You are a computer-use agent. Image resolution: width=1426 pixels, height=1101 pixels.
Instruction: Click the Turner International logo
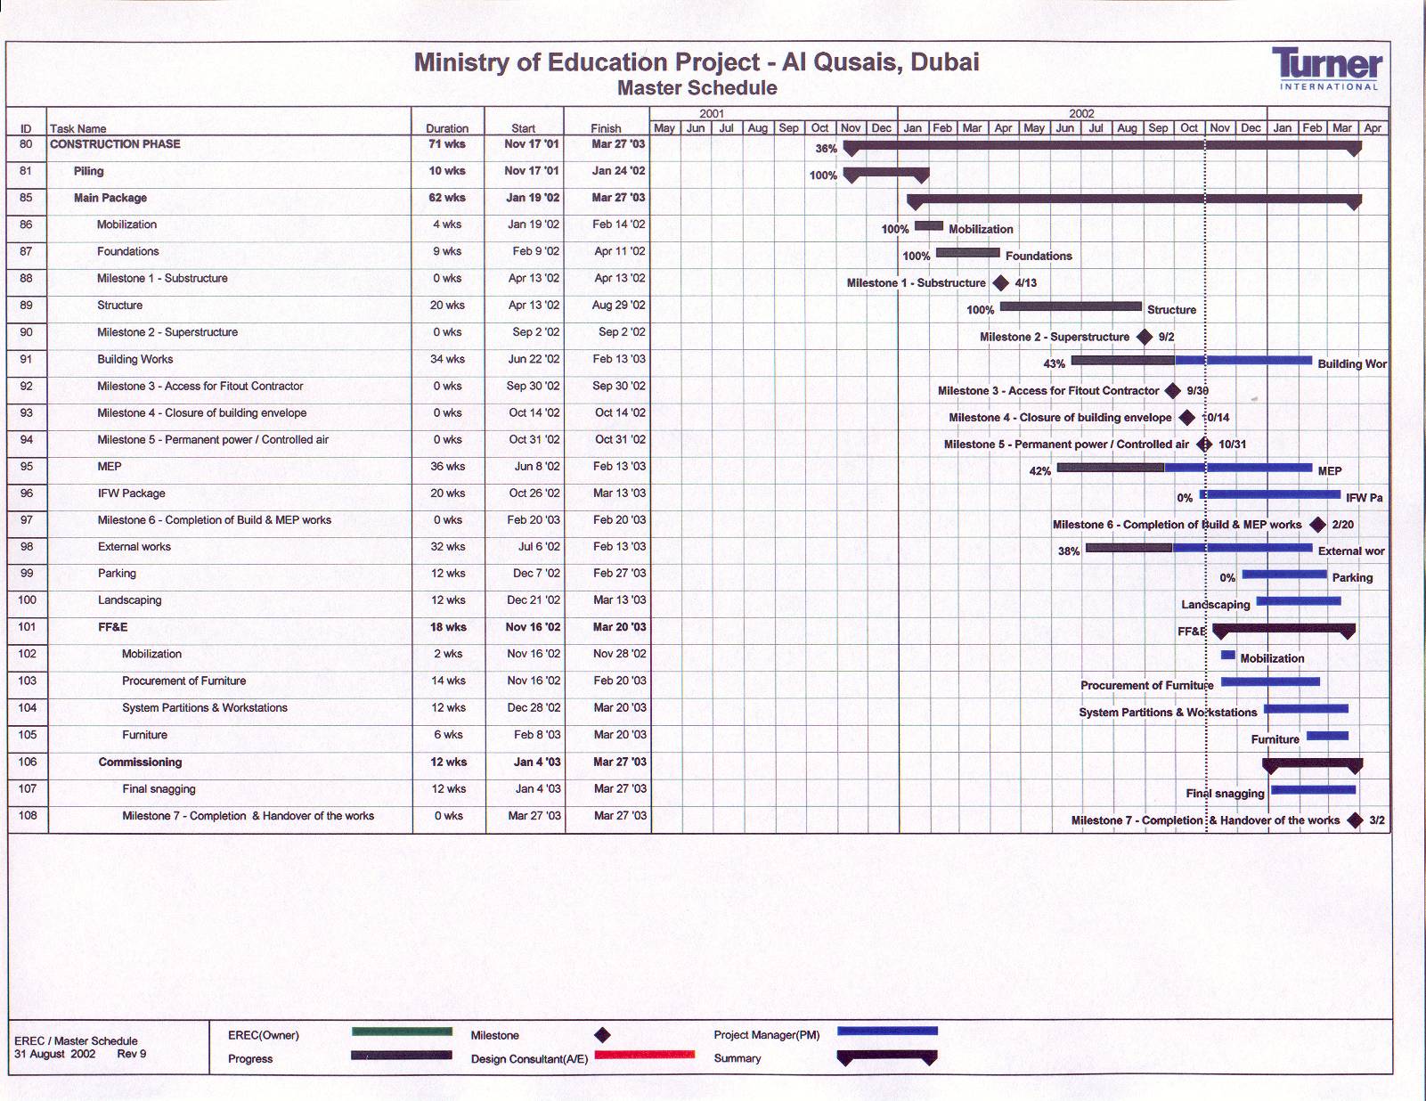pos(1327,68)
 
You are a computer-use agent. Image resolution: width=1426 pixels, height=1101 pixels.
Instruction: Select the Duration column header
pos(447,128)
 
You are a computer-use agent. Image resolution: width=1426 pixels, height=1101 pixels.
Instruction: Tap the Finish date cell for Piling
pos(618,171)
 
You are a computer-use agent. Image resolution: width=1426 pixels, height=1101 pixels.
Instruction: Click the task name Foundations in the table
pos(128,252)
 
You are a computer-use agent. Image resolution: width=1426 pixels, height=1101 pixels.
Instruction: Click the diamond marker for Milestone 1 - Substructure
pos(1000,283)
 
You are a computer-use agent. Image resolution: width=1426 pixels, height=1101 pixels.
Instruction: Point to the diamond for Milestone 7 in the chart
pos(1355,820)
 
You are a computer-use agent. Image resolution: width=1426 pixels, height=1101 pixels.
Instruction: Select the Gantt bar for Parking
pos(1283,575)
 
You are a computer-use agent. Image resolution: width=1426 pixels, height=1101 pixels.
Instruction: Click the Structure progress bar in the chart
pos(1071,306)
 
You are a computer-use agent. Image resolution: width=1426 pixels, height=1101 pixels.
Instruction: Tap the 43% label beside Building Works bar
pos(1054,364)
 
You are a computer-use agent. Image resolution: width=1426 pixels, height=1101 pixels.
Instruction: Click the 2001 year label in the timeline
pos(712,113)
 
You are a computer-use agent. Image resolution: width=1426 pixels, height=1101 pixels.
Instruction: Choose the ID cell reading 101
pos(28,627)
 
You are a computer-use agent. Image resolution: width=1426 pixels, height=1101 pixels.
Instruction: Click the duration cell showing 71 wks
pos(447,144)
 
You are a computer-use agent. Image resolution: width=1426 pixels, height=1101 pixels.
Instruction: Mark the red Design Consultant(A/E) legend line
pos(644,1056)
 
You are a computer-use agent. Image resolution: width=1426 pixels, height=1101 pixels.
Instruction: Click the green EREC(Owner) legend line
pos(402,1032)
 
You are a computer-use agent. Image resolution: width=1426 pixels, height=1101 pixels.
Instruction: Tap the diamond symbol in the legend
pos(602,1035)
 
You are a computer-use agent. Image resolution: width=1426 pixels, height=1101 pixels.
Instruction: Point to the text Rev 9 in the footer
pos(132,1054)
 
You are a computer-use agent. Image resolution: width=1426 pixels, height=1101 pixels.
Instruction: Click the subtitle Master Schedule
pos(697,88)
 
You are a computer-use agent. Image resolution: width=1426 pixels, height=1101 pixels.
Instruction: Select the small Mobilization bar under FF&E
pos(1227,655)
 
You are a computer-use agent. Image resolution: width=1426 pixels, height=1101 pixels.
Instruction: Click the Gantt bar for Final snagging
pos(1313,789)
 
